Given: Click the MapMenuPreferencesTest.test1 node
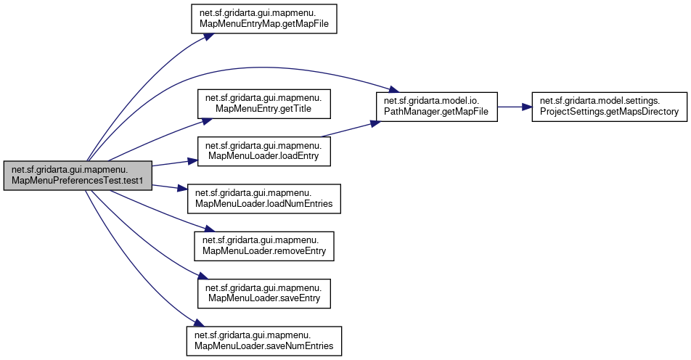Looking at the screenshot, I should [78, 176].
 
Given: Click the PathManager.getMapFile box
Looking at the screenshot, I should [436, 107].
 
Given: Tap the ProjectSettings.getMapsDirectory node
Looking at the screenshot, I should [609, 107].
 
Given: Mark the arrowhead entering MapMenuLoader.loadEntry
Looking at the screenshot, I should [195, 160].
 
